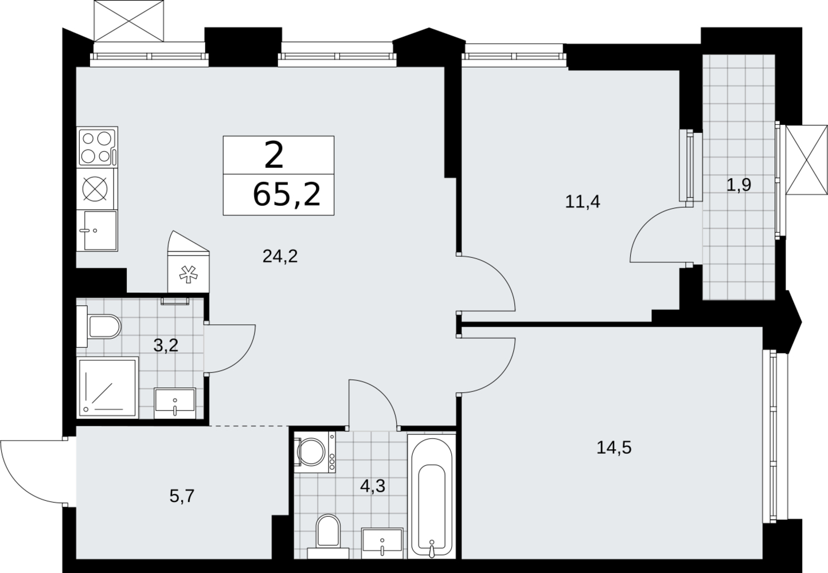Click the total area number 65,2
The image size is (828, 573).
pyautogui.click(x=287, y=195)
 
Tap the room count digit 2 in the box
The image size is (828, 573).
pyautogui.click(x=274, y=155)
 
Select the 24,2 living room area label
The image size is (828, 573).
pyautogui.click(x=280, y=256)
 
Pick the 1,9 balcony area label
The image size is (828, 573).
pyautogui.click(x=739, y=185)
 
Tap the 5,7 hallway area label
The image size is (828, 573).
pyautogui.click(x=182, y=496)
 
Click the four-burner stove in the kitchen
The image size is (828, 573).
pyautogui.click(x=97, y=147)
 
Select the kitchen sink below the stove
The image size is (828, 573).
pyautogui.click(x=97, y=231)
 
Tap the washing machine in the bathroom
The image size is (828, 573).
pyautogui.click(x=315, y=452)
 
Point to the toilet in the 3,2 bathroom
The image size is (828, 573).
pyautogui.click(x=99, y=326)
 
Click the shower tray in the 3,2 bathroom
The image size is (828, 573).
pyautogui.click(x=107, y=388)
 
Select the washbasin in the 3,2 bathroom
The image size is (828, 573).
pyautogui.click(x=175, y=403)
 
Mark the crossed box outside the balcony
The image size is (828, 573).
pyautogui.click(x=807, y=165)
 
